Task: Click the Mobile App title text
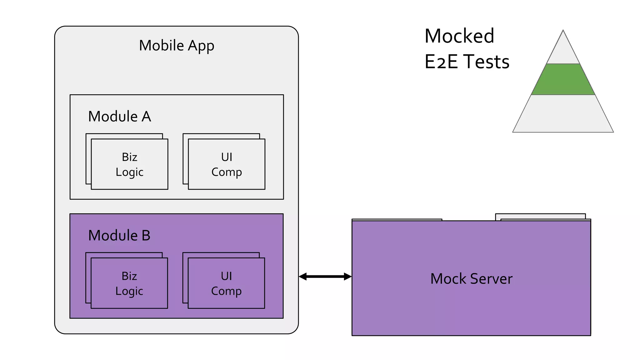[x=177, y=46]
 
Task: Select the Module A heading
[x=119, y=116]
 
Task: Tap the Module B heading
[x=119, y=235]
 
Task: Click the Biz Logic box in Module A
[x=129, y=164]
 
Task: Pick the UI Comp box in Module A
[x=227, y=164]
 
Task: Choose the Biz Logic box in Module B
[x=129, y=283]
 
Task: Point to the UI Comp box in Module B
[x=226, y=283]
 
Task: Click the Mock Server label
[x=471, y=278]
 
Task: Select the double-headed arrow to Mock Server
[x=325, y=276]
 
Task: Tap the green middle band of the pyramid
[x=563, y=79]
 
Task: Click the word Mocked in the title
[x=459, y=36]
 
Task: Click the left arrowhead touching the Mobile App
[x=302, y=276]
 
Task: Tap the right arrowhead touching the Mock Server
[x=348, y=276]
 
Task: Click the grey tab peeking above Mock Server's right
[x=540, y=216]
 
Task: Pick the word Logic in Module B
[x=129, y=291]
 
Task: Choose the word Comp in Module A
[x=227, y=172]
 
